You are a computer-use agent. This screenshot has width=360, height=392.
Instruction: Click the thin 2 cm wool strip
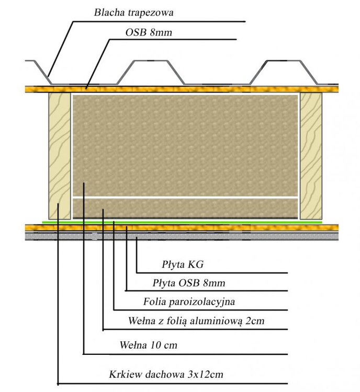click(x=186, y=207)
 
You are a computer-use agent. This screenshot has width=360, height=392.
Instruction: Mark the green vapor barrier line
click(x=183, y=222)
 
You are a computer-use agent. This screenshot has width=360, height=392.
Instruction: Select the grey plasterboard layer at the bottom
click(x=183, y=236)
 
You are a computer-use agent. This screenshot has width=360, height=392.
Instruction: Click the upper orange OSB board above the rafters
click(x=183, y=89)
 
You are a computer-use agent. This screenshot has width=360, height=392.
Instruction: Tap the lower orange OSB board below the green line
click(x=183, y=228)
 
